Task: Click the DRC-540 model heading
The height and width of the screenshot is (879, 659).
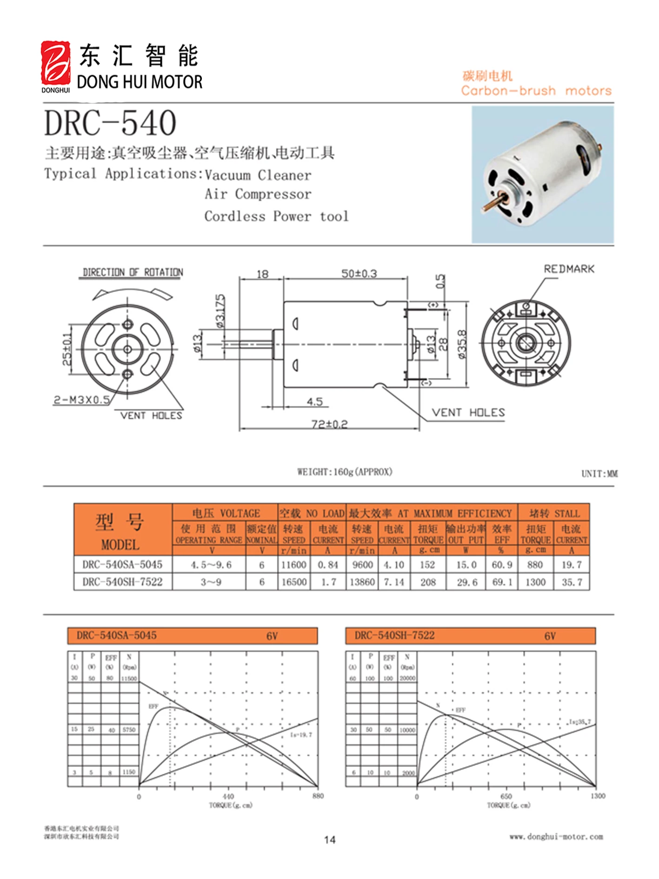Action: coord(110,123)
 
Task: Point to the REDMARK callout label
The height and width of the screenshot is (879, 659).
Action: coord(569,269)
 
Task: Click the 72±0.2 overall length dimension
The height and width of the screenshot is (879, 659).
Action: coord(329,424)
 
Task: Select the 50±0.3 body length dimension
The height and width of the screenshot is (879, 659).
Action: coord(359,273)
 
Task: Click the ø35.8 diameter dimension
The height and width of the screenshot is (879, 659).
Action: coord(462,345)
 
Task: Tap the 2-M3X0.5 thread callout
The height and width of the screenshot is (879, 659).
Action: coord(82,400)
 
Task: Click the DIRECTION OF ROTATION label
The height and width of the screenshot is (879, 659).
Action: coord(133,273)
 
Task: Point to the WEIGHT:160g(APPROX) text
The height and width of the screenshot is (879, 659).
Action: coord(345,472)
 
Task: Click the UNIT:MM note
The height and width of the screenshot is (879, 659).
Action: coord(599,474)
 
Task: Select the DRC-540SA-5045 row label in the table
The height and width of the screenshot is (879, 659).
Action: coord(122,565)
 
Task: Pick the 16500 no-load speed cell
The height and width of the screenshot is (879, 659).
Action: coord(294,582)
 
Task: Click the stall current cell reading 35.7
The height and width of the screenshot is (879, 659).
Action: coord(572,582)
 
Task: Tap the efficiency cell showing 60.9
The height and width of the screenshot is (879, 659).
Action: coord(501,565)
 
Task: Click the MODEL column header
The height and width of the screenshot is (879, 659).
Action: coord(120,545)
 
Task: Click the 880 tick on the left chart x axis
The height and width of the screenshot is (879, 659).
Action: coord(318,796)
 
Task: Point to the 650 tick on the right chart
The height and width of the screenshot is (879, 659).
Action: coord(506,796)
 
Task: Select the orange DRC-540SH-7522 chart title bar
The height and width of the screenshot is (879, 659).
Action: coord(470,636)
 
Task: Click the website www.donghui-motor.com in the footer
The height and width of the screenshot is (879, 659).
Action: coord(556,837)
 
